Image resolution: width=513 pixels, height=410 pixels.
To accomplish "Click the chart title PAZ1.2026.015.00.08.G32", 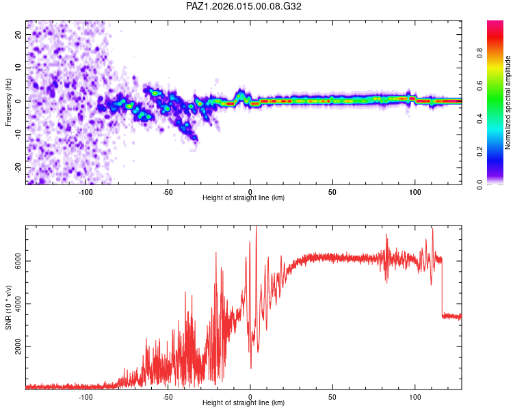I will pos(244,6).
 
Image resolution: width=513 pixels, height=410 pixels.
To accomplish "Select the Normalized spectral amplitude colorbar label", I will pos(508,102).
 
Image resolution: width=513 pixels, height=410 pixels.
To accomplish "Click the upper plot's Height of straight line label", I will pos(244,197).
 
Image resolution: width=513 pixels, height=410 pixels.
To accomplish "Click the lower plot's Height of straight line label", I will pos(244,402).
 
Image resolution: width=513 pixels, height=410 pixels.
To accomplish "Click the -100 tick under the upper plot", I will pos(85,191).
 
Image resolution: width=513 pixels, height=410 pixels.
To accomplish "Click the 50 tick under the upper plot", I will pos(332,191).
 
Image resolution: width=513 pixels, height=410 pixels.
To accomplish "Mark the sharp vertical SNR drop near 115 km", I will pos(441,287).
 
